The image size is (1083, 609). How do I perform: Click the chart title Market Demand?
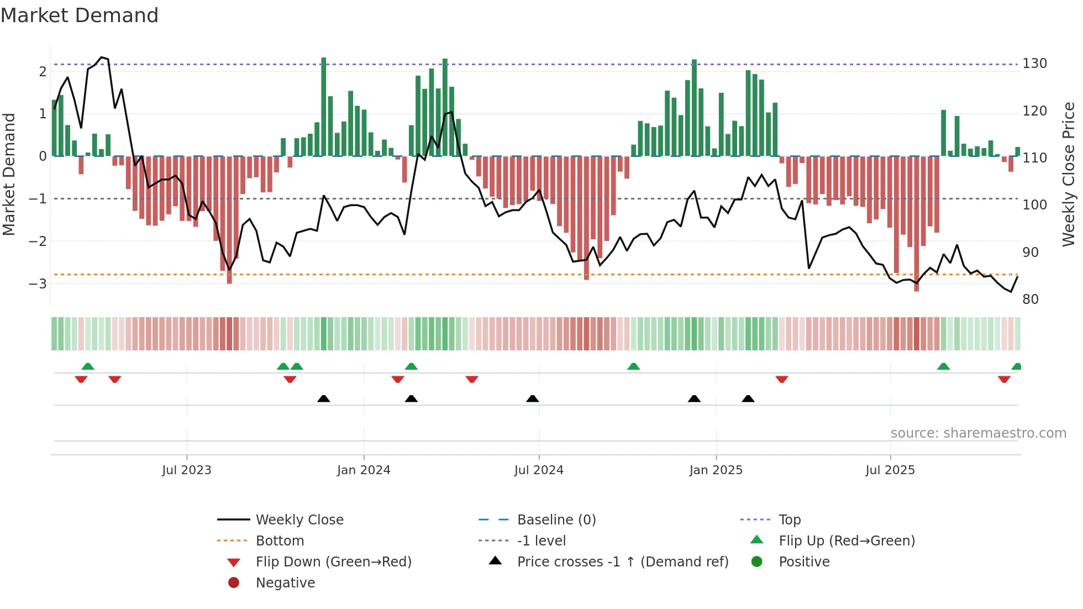pos(80,15)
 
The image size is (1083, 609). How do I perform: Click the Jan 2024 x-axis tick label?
pos(364,470)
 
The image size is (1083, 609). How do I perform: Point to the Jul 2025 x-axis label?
pos(890,470)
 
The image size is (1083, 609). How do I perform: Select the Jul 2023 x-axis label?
pos(187,470)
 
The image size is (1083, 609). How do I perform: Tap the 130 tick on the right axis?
pos(1034,64)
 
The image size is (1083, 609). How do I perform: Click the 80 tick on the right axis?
pos(1031,300)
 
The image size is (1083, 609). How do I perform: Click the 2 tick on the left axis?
pos(43,71)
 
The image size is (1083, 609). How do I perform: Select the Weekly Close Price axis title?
pos(1069,174)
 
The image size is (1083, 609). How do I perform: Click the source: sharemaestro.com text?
pos(978,433)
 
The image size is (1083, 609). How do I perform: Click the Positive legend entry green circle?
pos(757,562)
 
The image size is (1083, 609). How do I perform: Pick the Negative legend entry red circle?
pos(234,583)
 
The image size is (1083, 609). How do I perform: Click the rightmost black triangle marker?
pos(748,399)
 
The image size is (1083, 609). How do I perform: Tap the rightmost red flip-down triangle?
pos(1004,379)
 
